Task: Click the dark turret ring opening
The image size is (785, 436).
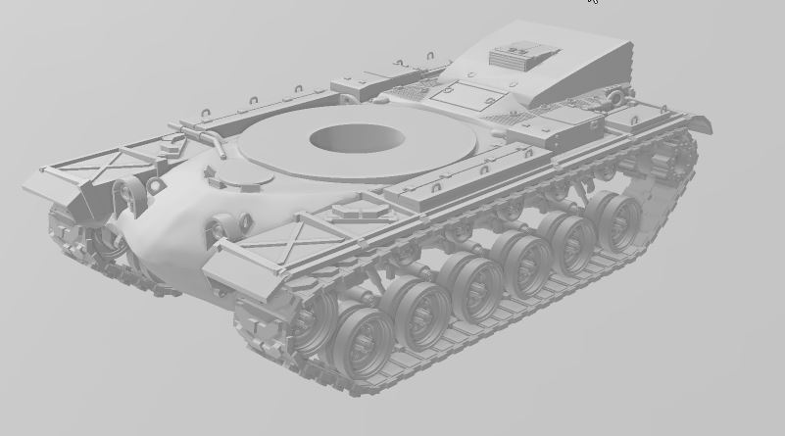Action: tap(356, 138)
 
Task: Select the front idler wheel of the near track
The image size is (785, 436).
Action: tap(312, 322)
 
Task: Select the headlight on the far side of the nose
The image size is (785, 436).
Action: tap(127, 190)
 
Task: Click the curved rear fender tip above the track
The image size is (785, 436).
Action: tap(697, 121)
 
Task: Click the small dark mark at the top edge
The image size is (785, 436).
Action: tap(592, 2)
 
